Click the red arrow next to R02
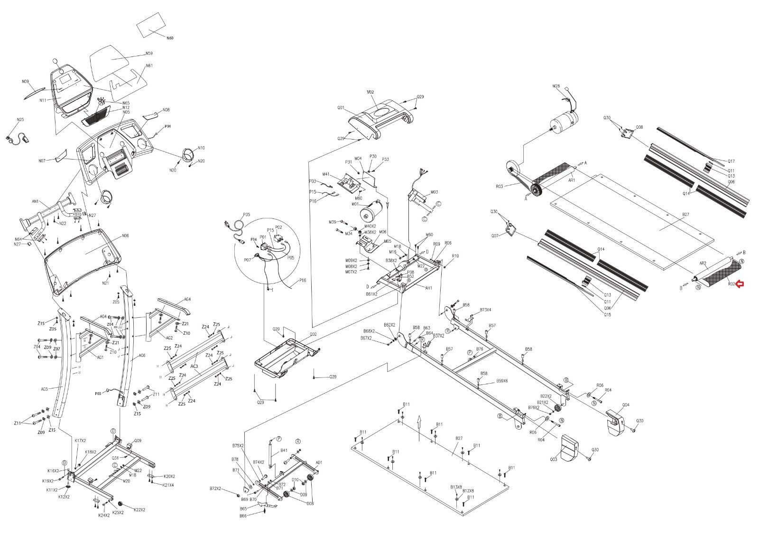pos(740,284)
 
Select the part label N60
pos(169,38)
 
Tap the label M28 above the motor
pos(556,86)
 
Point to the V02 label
pos(370,91)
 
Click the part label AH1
pos(428,288)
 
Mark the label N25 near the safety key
pos(20,120)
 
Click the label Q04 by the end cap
pos(626,405)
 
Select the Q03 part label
pos(553,460)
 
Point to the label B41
pos(284,450)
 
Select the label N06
pos(125,236)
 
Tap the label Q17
pos(731,161)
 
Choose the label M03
pos(434,192)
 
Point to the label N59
pos(149,54)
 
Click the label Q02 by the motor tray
pos(313,334)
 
